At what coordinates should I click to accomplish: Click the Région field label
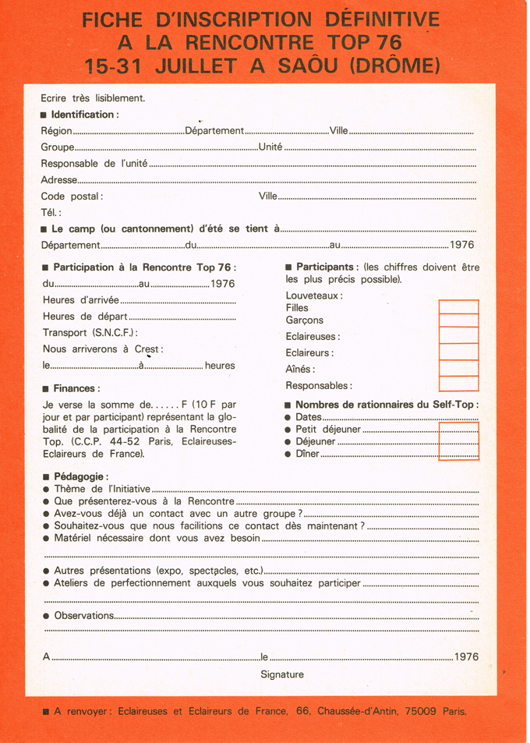click(56, 131)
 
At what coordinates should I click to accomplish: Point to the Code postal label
click(72, 196)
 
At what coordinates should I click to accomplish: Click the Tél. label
click(51, 213)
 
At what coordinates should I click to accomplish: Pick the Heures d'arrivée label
click(81, 300)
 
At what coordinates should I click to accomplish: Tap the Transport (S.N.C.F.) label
click(90, 333)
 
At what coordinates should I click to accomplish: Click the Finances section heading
click(76, 388)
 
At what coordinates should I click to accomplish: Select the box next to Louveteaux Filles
click(458, 307)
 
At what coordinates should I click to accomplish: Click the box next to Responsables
click(458, 384)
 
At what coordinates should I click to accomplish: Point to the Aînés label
click(300, 370)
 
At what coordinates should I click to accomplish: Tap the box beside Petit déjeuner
click(459, 429)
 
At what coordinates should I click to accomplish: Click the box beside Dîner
click(459, 454)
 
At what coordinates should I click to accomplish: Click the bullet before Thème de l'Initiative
click(47, 489)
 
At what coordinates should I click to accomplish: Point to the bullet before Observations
click(47, 616)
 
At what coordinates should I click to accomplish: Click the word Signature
click(282, 674)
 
